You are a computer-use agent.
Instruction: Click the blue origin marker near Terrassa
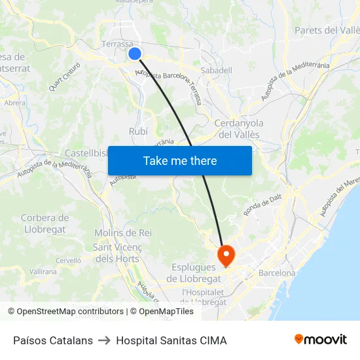135,54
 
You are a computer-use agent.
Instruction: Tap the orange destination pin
226,254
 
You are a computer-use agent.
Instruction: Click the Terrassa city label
118,45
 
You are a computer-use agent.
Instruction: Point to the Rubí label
138,132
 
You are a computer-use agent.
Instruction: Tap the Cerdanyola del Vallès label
238,128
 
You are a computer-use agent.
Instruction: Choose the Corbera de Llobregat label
45,223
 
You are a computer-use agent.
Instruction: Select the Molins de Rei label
123,233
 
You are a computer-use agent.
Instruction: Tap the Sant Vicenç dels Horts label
116,253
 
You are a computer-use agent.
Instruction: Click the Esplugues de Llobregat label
194,272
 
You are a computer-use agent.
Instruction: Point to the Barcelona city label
277,273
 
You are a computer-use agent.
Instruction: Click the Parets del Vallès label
327,30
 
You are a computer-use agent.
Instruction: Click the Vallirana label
43,271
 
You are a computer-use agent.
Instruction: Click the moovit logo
320,339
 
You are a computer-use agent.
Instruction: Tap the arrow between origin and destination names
104,340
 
